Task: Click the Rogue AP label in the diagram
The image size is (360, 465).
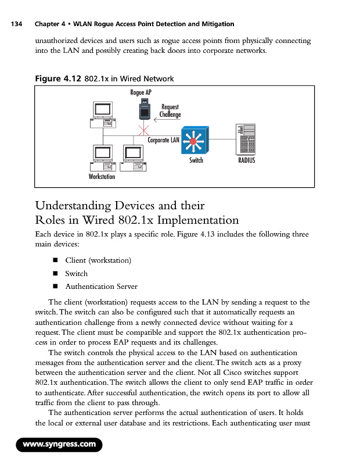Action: pos(141,93)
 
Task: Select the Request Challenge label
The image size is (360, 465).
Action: pos(170,111)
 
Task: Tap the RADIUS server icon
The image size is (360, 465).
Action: pos(246,139)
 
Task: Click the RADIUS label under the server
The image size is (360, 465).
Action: pos(247,160)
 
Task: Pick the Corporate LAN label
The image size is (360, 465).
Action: pos(163,140)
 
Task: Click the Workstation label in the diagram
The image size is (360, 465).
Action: pos(102,176)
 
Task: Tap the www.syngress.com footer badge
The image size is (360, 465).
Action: pos(59,445)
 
